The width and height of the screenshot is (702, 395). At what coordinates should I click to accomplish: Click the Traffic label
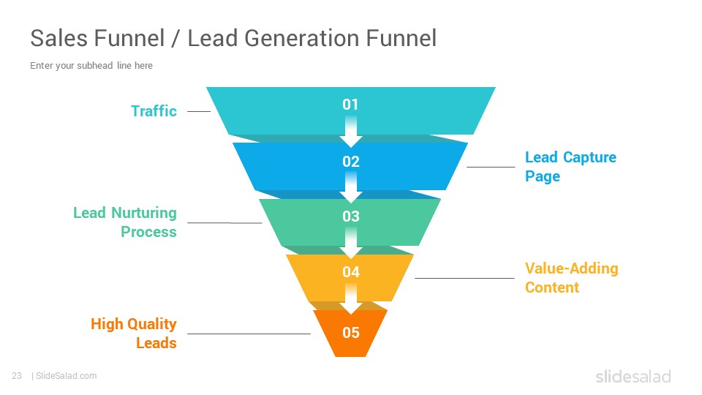(x=154, y=110)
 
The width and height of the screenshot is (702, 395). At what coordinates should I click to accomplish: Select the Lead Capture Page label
(x=570, y=167)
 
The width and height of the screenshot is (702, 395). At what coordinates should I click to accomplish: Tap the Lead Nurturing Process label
(x=125, y=222)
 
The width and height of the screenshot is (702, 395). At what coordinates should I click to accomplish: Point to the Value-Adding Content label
(x=571, y=278)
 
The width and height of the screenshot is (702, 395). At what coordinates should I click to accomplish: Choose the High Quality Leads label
(x=133, y=334)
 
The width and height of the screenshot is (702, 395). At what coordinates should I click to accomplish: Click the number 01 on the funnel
(x=350, y=105)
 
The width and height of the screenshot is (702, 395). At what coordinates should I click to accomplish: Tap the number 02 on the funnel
(x=350, y=161)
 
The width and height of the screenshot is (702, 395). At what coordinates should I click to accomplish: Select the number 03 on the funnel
(x=350, y=217)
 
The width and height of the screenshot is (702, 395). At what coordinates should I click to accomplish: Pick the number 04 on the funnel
(x=350, y=272)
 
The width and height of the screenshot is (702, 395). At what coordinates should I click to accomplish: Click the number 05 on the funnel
(x=350, y=332)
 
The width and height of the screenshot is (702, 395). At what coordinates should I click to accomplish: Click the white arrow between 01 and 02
(x=350, y=132)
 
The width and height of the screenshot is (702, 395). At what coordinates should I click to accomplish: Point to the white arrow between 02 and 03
(x=350, y=187)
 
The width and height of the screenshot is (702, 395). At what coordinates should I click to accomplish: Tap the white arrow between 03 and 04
(x=350, y=243)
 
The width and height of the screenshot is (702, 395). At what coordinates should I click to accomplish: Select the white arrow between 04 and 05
(x=350, y=298)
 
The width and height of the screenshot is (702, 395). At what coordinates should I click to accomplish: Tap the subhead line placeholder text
(x=91, y=65)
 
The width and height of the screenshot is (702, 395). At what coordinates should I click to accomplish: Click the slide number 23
(x=17, y=376)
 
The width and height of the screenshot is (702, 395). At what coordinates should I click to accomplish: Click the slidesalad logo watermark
(x=633, y=376)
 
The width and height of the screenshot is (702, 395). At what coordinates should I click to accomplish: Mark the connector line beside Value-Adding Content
(x=464, y=278)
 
